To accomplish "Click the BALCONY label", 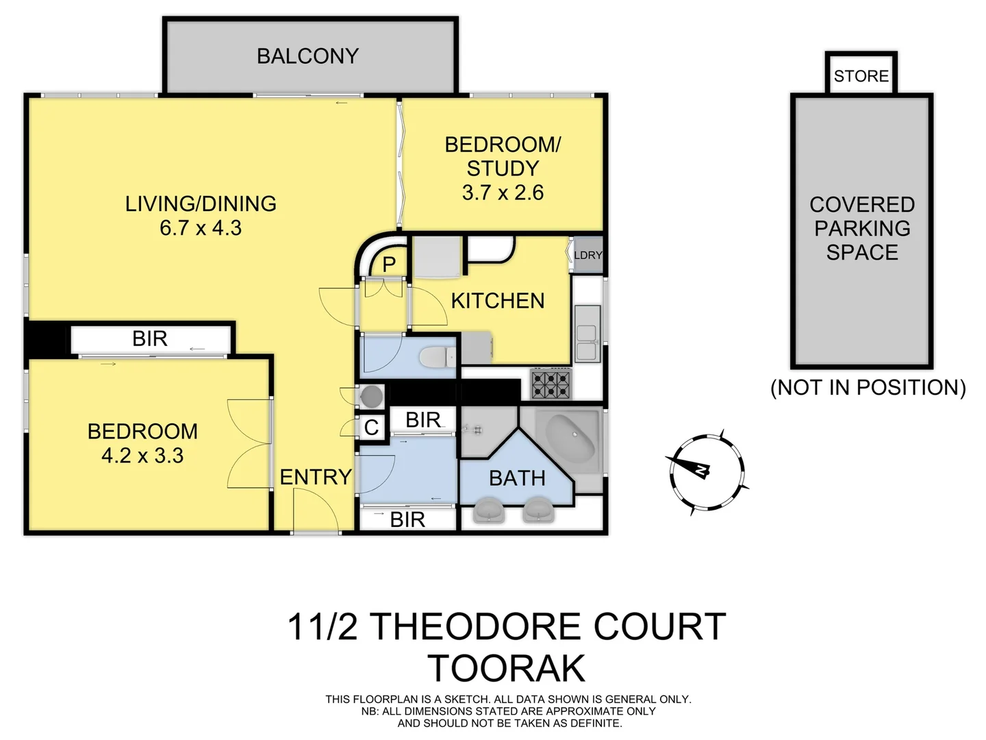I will click(x=307, y=56).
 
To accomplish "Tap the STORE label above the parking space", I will click(x=861, y=76).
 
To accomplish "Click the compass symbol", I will click(x=705, y=472).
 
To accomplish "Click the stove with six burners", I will click(x=552, y=384).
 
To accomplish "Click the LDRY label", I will click(x=587, y=255).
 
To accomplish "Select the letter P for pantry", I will click(x=389, y=264).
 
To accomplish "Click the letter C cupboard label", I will click(x=371, y=428).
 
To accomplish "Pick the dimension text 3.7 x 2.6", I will click(x=503, y=193).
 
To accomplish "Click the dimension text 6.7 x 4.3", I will click(x=201, y=227).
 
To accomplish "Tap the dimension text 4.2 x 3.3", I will click(x=142, y=456).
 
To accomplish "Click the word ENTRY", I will click(x=316, y=477).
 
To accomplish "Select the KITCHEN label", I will click(x=498, y=301).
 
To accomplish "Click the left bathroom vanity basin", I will click(x=488, y=511).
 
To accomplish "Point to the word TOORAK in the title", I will click(x=507, y=668).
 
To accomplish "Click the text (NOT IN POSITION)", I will click(x=868, y=388).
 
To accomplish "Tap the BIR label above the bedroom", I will click(x=150, y=338).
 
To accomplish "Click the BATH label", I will click(x=517, y=478).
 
